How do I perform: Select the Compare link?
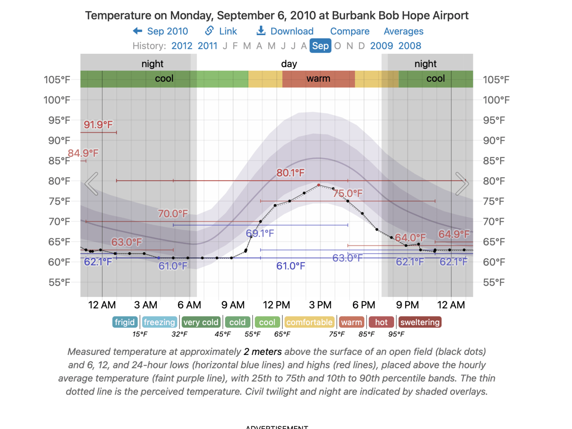[x=350, y=31]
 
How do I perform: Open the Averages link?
[x=403, y=31]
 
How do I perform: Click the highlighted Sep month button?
[x=320, y=46]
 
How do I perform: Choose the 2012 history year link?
[x=182, y=46]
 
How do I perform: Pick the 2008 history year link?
[x=409, y=46]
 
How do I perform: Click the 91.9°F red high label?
[x=98, y=125]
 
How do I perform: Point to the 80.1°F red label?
[x=290, y=173]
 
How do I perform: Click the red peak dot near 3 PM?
[x=319, y=185]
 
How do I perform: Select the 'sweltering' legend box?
[x=420, y=322]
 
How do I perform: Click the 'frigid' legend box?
[x=125, y=322]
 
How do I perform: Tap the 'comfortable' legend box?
[x=309, y=322]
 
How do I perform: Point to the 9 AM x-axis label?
[x=233, y=305]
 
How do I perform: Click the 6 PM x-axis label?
[x=364, y=305]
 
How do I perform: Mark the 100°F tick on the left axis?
[x=57, y=100]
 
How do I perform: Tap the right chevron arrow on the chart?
[x=462, y=184]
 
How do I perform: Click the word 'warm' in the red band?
[x=318, y=79]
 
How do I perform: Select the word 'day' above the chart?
[x=289, y=64]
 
